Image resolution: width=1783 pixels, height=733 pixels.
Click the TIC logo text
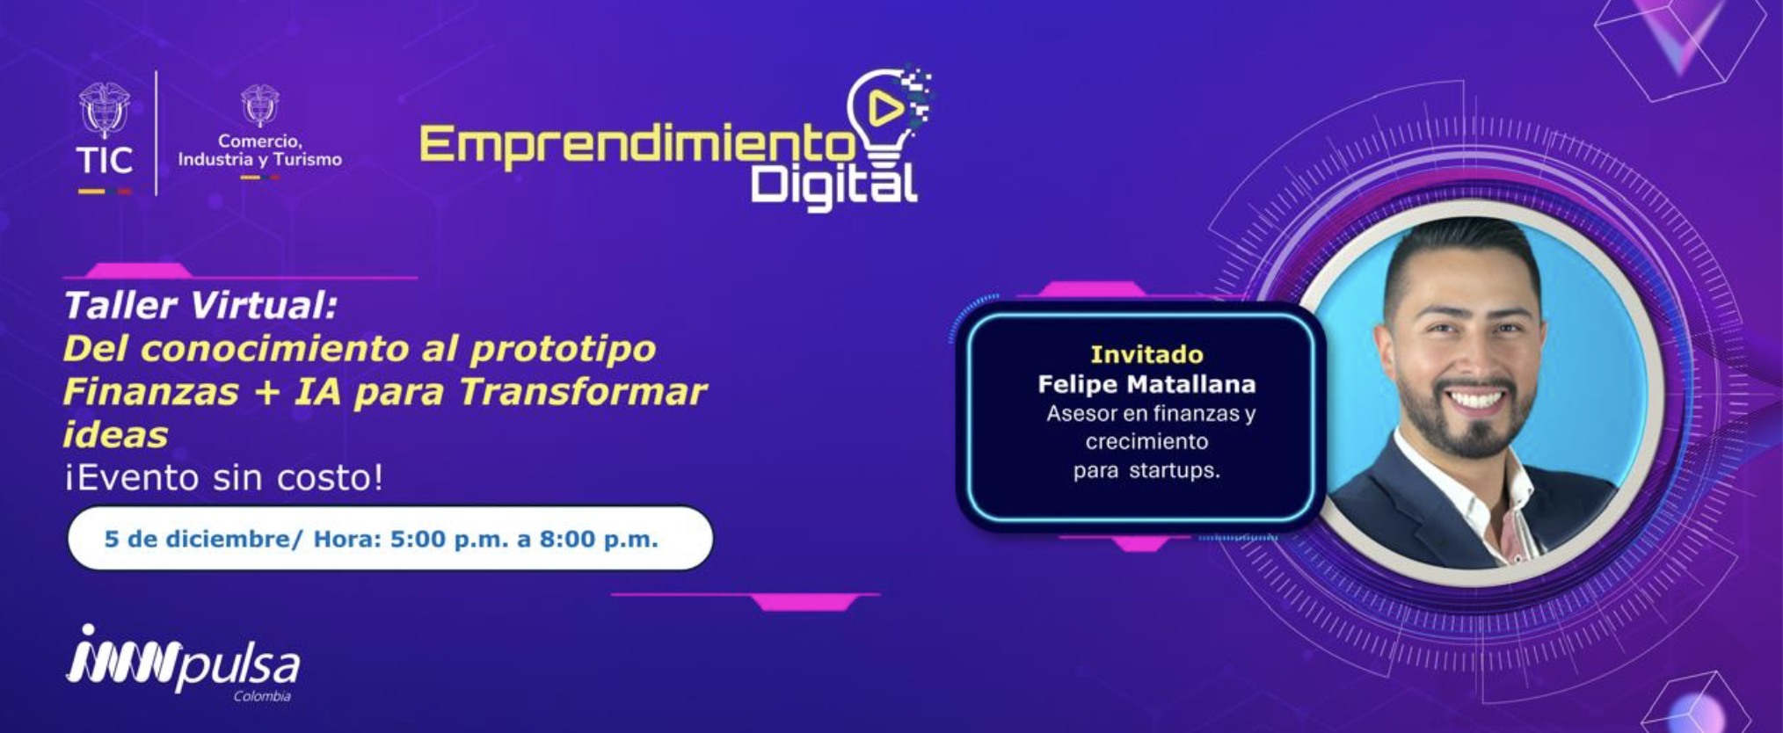[104, 160]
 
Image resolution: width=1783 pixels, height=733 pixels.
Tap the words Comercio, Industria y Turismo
[259, 150]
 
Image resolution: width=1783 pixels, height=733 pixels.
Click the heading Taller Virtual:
[200, 306]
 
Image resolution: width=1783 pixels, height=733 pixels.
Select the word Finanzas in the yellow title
[150, 391]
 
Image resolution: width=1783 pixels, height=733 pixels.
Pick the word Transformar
[583, 391]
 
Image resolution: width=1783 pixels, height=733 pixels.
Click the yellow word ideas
[115, 434]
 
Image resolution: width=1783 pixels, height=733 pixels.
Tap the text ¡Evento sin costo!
[223, 478]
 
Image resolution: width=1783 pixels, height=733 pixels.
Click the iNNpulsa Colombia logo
[183, 664]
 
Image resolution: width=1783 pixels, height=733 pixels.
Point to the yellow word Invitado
[1146, 354]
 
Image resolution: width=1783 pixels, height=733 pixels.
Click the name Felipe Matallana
[1146, 384]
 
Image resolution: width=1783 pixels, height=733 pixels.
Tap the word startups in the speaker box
[1175, 471]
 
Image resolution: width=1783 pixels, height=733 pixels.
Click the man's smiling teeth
[1476, 400]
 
